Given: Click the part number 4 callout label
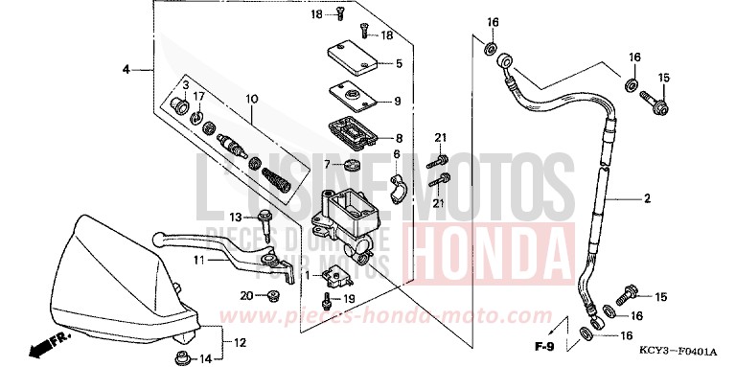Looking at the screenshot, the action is tap(125, 70).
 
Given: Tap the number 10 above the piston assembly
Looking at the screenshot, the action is tap(252, 98).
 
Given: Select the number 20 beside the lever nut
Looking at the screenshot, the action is tap(246, 296).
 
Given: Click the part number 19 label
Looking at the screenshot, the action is tap(349, 299).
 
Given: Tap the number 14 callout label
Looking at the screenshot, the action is tap(204, 359).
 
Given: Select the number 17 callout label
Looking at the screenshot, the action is tap(199, 97).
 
